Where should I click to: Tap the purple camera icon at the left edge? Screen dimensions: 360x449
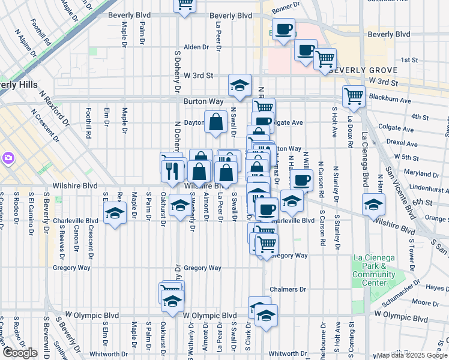pyautogui.click(x=8, y=158)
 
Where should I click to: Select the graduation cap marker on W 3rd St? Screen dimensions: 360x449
pyautogui.click(x=240, y=86)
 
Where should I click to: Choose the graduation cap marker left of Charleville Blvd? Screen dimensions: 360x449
pyautogui.click(x=114, y=212)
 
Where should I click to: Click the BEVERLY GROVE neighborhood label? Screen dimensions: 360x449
pyautogui.click(x=355, y=70)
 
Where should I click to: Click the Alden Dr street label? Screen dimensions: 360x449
pyautogui.click(x=195, y=47)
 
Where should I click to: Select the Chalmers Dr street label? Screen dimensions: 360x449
pyautogui.click(x=284, y=289)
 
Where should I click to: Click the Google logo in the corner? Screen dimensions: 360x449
pyautogui.click(x=20, y=353)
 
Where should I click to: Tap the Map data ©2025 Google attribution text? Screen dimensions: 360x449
pyautogui.click(x=411, y=355)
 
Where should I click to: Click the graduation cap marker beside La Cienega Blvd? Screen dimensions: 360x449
pyautogui.click(x=373, y=204)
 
